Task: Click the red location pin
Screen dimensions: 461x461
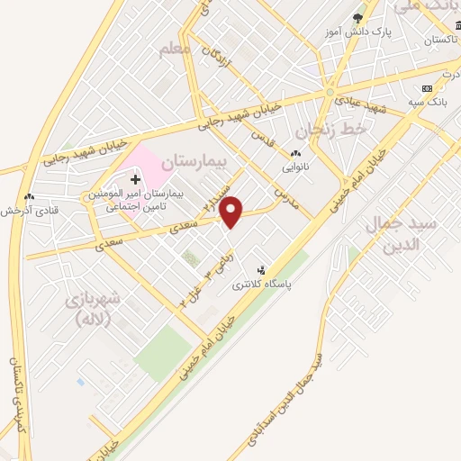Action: click(231, 212)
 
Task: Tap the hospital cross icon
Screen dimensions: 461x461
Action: click(135, 181)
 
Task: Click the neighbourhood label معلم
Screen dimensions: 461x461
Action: click(175, 48)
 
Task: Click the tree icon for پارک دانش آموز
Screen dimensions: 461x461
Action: click(357, 19)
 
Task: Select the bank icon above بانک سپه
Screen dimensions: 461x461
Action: click(427, 88)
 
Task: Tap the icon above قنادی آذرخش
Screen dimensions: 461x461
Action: click(30, 196)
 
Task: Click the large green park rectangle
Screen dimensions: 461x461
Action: click(163, 348)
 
